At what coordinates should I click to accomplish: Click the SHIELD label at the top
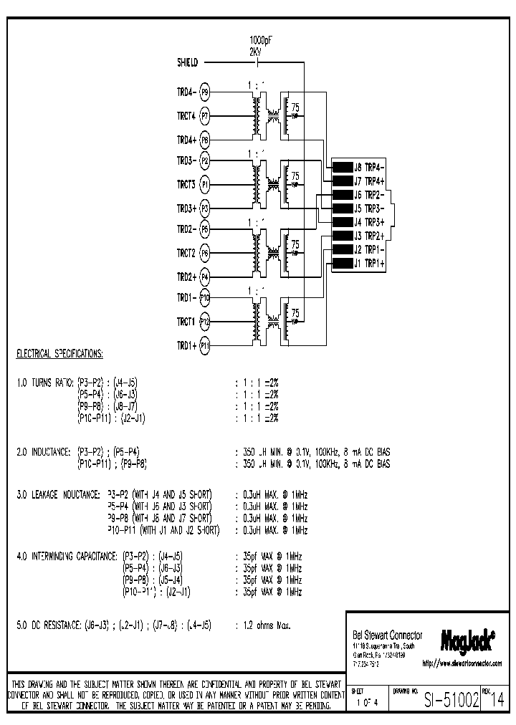187,62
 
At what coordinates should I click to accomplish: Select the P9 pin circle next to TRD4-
204,92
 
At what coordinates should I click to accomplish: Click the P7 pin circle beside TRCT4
204,115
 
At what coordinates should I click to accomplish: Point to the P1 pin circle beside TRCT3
204,185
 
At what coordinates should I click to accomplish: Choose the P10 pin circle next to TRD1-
205,297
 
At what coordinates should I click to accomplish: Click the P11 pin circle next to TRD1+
205,345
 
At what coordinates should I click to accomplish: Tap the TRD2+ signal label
186,277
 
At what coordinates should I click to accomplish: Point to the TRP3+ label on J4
376,222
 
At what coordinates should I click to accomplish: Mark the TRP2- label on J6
376,194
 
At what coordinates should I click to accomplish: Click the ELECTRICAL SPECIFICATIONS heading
59,355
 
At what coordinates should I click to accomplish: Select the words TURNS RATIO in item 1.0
49,383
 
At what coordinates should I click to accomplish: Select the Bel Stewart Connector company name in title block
387,635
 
